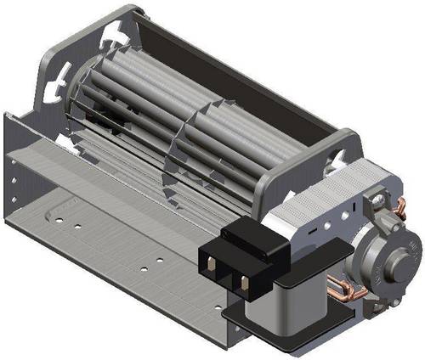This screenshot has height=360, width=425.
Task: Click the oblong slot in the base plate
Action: [63, 205]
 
